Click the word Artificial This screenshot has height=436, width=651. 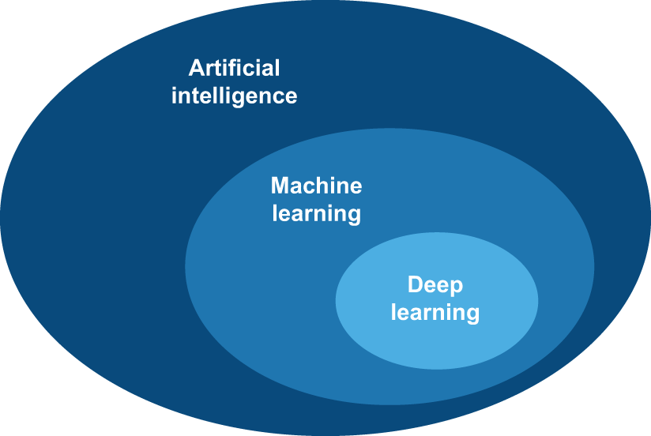[x=235, y=68]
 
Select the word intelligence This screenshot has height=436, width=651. [x=235, y=96]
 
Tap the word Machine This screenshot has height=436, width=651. [x=316, y=186]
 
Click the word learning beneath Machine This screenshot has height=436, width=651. [x=316, y=213]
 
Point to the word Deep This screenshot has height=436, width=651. [x=435, y=284]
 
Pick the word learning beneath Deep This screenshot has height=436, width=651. [x=435, y=312]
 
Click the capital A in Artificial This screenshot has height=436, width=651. [x=197, y=68]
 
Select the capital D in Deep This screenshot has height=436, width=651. [x=414, y=284]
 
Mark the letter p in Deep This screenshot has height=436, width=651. [x=457, y=287]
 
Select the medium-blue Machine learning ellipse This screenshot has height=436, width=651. [x=261, y=316]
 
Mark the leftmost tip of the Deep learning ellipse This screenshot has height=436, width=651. [x=337, y=301]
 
